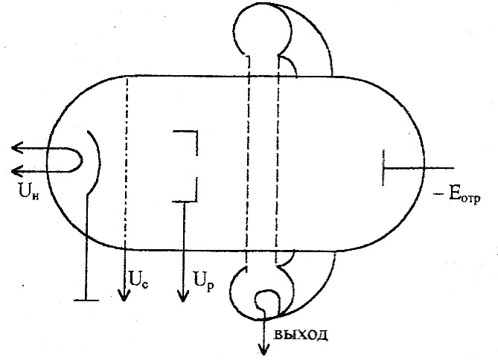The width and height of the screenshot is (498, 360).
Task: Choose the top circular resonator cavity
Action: [x=261, y=29]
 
